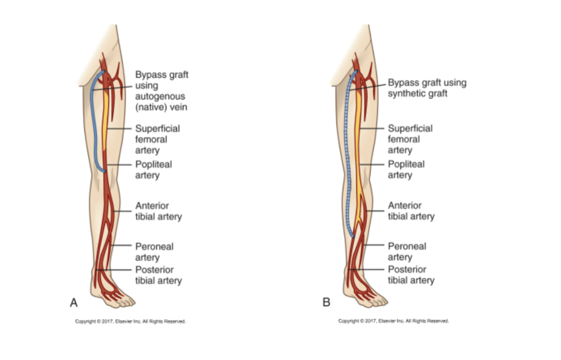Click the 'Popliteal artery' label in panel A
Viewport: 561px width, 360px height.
coord(153,170)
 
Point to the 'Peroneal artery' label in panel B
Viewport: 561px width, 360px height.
coord(406,252)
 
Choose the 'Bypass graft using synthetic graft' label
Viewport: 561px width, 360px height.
coord(426,88)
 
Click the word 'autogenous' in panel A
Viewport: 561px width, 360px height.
coord(160,97)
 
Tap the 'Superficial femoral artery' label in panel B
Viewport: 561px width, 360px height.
coord(410,139)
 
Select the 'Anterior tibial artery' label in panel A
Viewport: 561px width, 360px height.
coord(158,211)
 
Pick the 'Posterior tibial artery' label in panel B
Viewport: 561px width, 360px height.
coord(411,275)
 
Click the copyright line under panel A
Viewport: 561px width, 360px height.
coord(131,321)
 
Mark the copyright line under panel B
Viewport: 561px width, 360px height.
coord(393,321)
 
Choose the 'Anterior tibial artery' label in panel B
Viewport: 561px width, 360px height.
coord(411,211)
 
